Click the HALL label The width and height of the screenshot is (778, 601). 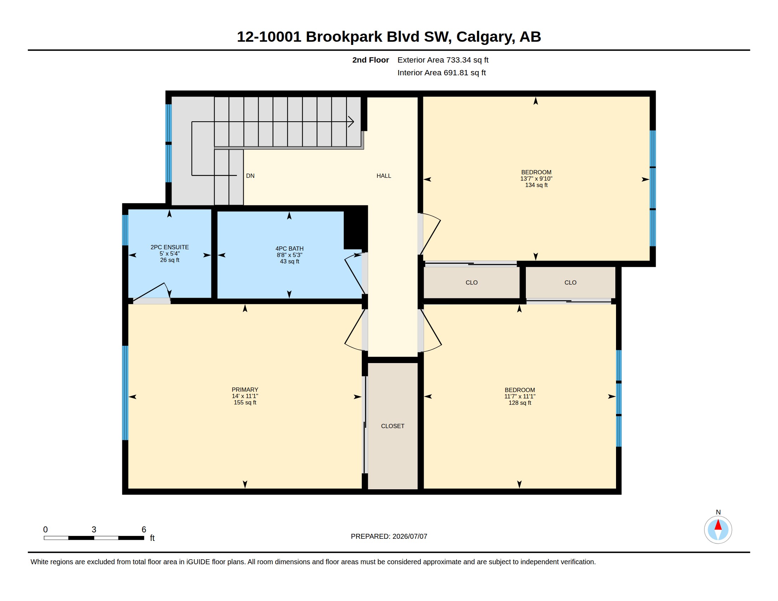(384, 176)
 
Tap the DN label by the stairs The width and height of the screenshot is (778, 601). (250, 176)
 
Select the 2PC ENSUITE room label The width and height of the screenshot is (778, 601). (169, 247)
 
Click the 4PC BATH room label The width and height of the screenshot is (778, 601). (289, 249)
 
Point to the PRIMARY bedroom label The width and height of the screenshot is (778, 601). (245, 390)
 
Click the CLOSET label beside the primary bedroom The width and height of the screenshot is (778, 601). (393, 426)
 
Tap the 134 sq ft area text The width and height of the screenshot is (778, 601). (536, 185)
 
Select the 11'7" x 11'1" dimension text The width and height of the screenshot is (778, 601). (520, 396)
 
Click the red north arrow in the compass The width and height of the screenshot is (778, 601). (718, 525)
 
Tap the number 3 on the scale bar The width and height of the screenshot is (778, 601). (94, 530)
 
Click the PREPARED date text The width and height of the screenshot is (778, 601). (389, 536)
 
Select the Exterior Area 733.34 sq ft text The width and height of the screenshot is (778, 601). (443, 60)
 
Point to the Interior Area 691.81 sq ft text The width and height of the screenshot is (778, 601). (441, 72)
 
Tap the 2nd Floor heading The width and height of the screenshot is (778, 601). (371, 60)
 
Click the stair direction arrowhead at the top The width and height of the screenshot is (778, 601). (352, 122)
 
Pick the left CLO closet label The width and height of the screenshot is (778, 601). (471, 282)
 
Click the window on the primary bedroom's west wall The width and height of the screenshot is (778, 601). (125, 393)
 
